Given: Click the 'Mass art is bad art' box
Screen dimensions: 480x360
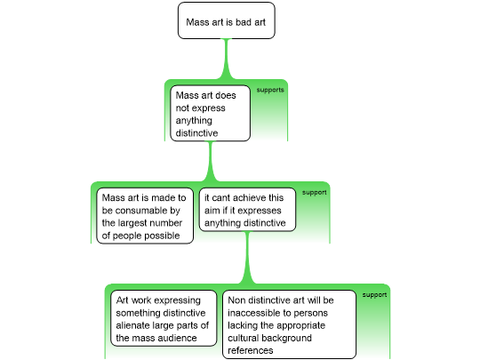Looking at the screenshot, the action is point(227,20).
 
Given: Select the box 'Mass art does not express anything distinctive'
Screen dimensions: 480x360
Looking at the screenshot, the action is point(210,113).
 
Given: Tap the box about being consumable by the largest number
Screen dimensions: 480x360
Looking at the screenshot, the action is point(145,216).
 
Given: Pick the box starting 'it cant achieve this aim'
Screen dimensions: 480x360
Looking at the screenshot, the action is point(247,210).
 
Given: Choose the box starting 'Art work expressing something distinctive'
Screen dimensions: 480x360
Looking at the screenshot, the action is point(164,318).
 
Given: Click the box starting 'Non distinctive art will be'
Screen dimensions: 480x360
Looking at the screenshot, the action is point(289,324).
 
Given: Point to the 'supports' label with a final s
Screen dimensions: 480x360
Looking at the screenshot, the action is point(270,90).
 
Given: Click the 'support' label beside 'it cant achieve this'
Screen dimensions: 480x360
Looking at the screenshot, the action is point(314,193).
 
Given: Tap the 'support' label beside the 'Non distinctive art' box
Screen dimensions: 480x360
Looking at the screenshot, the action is point(374,295).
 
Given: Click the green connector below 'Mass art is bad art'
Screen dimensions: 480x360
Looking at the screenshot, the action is point(227,58).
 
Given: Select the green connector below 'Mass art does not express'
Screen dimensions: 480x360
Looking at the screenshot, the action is point(210,161).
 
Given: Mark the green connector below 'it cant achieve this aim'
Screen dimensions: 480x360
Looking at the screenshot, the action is point(247,258).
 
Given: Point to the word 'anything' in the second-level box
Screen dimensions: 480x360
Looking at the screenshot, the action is point(194,121).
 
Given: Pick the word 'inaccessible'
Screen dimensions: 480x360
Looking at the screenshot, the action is point(253,313).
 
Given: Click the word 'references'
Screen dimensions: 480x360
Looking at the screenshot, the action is point(251,350).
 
